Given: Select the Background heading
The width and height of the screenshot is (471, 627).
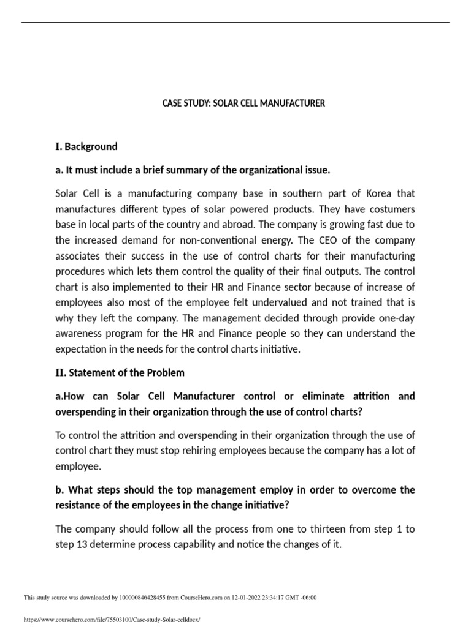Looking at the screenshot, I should [x=91, y=147].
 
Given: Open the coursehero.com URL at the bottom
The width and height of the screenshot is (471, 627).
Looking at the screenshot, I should [x=112, y=620].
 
